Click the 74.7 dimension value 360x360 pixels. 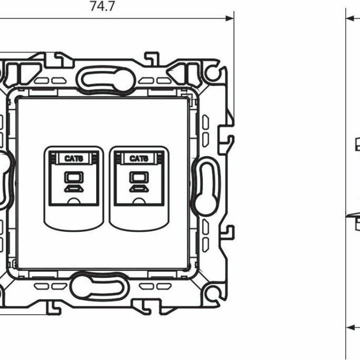click(102, 6)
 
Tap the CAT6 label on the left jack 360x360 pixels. click(73, 158)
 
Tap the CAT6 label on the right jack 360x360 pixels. click(139, 158)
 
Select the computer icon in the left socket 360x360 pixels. click(74, 182)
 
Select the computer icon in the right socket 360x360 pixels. click(139, 182)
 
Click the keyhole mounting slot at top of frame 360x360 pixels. click(106, 80)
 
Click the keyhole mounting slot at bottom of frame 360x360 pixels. click(100, 287)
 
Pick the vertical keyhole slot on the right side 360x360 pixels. click(206, 186)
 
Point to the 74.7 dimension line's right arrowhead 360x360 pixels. click(230, 18)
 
